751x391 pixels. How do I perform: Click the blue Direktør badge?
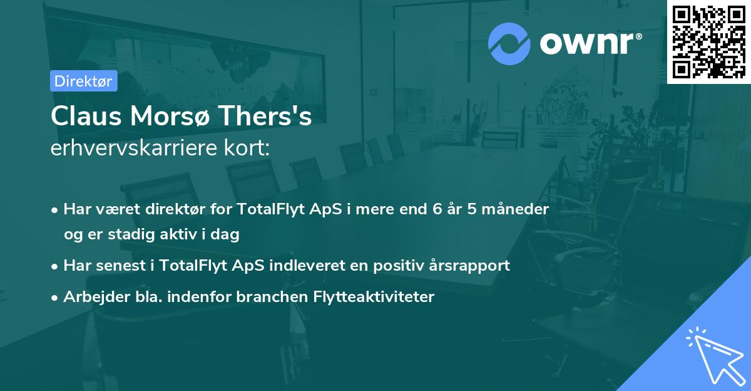pyautogui.click(x=84, y=81)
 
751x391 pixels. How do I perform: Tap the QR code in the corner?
pyautogui.click(x=708, y=42)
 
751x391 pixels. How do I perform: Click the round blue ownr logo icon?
pyautogui.click(x=509, y=44)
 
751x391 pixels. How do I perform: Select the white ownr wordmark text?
pyautogui.click(x=590, y=43)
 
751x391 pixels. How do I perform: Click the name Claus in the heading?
pyautogui.click(x=86, y=116)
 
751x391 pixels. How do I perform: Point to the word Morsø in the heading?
pyautogui.click(x=170, y=116)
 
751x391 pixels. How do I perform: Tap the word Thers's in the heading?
pyautogui.click(x=265, y=116)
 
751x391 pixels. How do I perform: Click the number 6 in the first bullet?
pyautogui.click(x=437, y=209)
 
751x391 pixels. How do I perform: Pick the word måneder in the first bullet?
pyautogui.click(x=515, y=209)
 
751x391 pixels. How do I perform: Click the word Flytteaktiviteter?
pyautogui.click(x=374, y=296)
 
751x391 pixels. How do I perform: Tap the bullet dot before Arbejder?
pyautogui.click(x=54, y=298)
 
